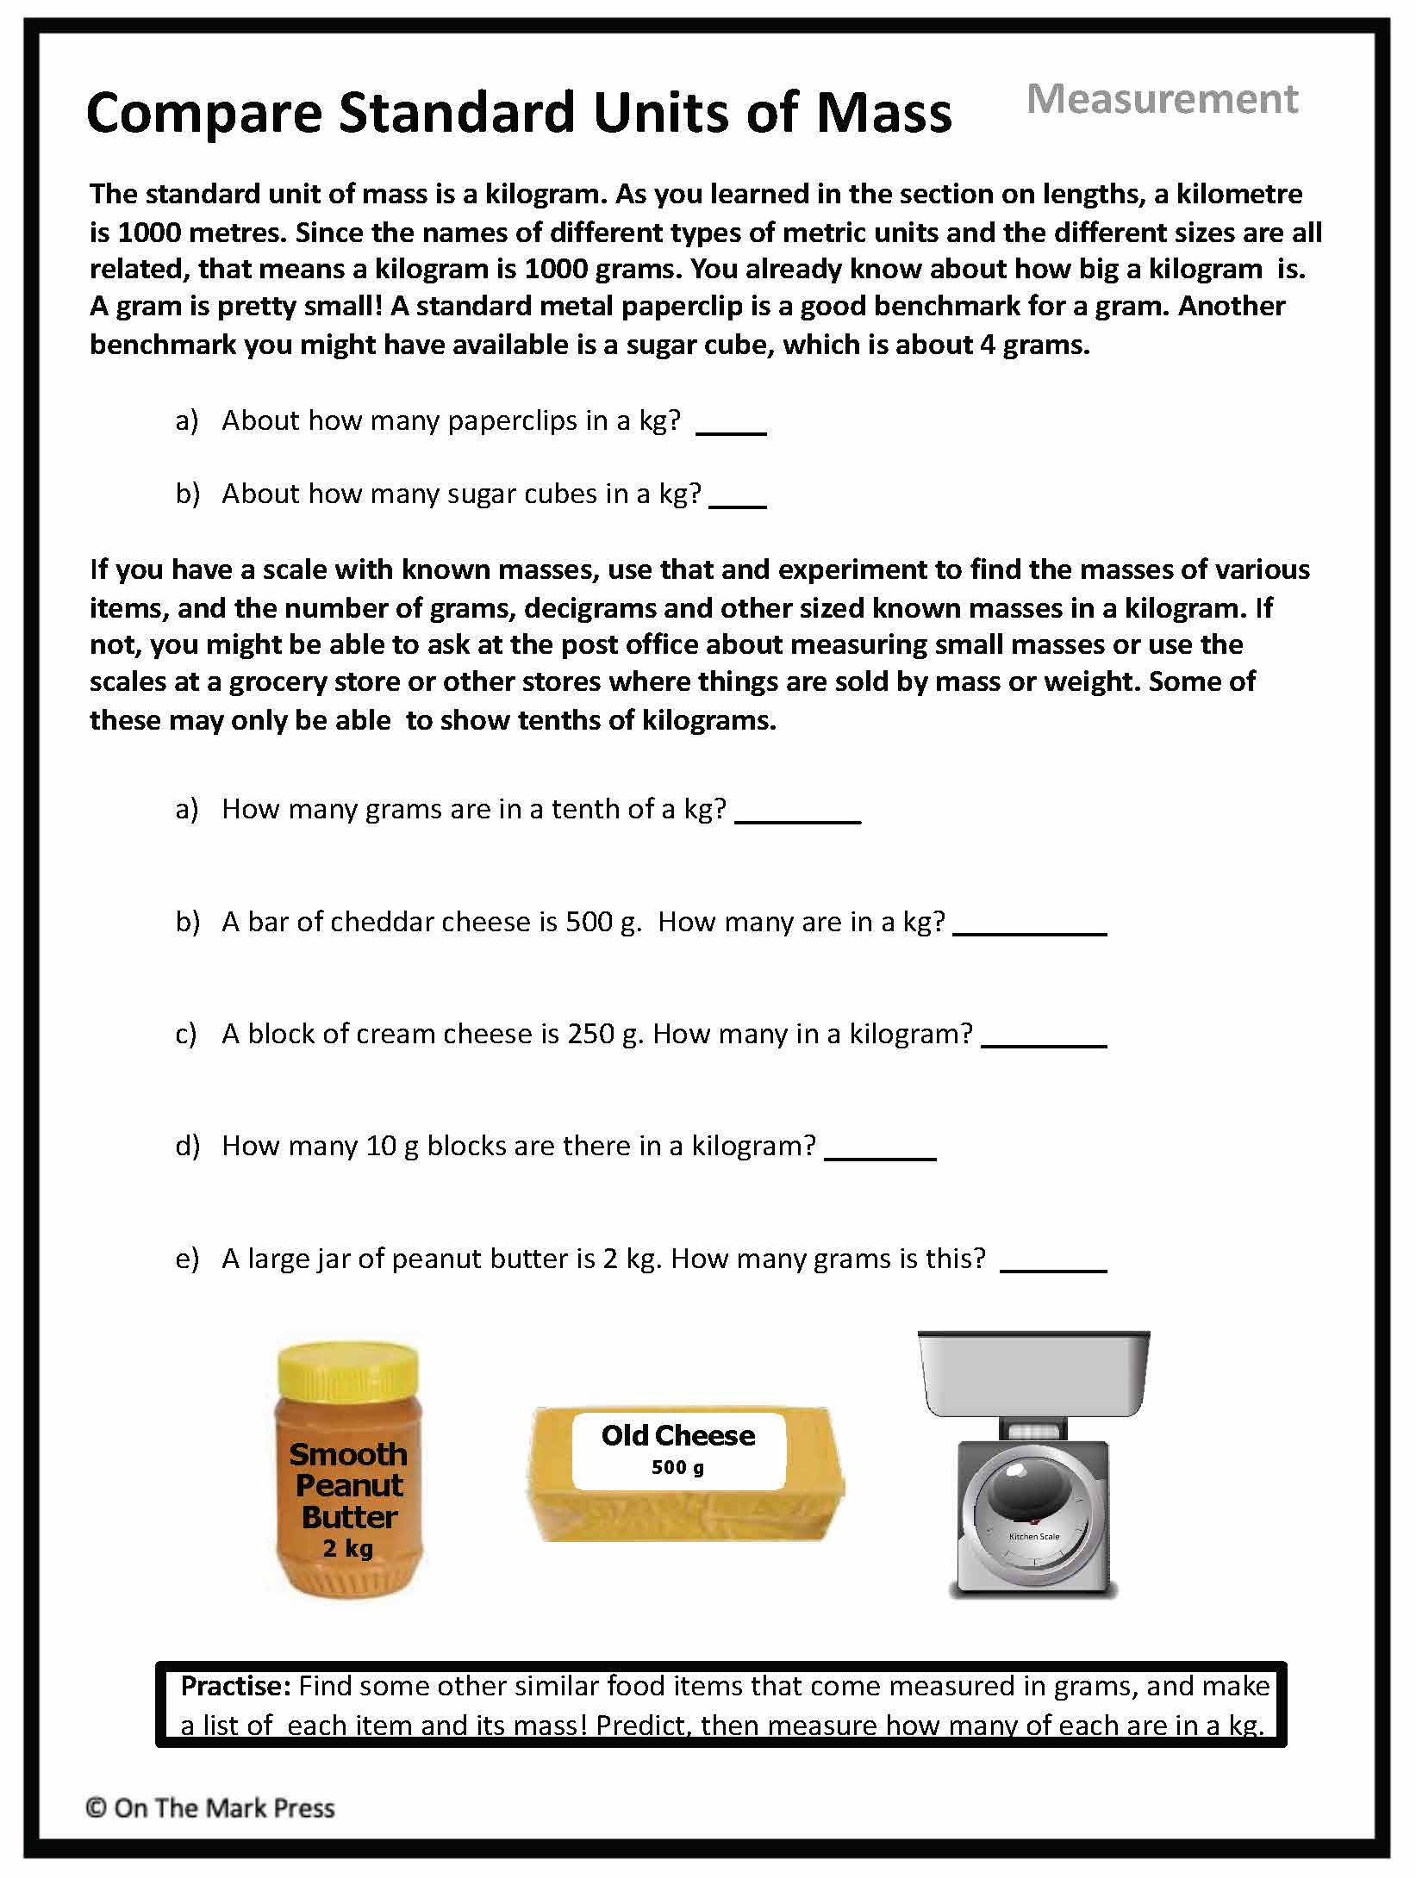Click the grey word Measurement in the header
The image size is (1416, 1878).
click(1162, 99)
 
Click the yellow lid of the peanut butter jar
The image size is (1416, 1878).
click(347, 1370)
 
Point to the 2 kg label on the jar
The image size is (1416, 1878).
click(347, 1548)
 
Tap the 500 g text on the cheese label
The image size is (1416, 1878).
click(677, 1467)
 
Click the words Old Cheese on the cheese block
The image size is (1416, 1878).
click(677, 1435)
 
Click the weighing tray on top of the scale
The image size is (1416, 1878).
click(1033, 1374)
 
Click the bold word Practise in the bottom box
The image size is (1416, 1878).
click(235, 1686)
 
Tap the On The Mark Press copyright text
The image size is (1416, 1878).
click(210, 1807)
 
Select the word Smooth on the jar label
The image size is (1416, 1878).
click(347, 1454)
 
